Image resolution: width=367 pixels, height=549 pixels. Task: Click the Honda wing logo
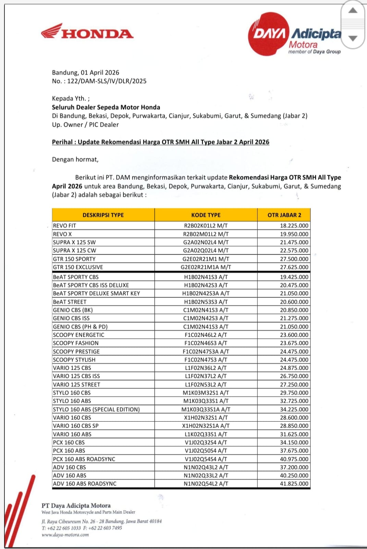(x=52, y=31)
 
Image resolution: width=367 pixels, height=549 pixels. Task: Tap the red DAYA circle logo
(x=269, y=34)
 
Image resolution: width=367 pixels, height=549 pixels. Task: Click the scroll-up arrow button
(x=353, y=10)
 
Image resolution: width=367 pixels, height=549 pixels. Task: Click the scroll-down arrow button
(x=353, y=38)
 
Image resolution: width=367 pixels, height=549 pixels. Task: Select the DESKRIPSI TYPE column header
(x=103, y=215)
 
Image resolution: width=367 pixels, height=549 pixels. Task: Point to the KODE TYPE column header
(x=206, y=215)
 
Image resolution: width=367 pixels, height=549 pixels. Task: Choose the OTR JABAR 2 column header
(x=284, y=215)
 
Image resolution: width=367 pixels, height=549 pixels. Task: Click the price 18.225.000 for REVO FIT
(x=294, y=226)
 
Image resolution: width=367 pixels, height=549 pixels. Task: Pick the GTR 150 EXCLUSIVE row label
(x=78, y=267)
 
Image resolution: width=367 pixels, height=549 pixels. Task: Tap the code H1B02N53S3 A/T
(x=206, y=302)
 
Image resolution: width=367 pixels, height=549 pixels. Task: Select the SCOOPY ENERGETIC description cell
(x=78, y=335)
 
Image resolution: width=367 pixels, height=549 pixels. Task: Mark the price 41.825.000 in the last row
(x=294, y=484)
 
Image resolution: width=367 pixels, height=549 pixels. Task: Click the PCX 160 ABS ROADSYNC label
(x=84, y=459)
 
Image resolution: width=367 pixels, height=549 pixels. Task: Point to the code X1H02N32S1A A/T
(x=206, y=426)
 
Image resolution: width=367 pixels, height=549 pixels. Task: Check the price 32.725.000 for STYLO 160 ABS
(x=294, y=401)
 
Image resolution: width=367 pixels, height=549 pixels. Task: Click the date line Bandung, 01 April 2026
(x=86, y=72)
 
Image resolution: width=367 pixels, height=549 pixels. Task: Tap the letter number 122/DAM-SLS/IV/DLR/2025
(x=107, y=81)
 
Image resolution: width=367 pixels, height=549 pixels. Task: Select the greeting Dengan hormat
(x=75, y=160)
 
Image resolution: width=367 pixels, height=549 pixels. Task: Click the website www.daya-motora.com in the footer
(x=65, y=535)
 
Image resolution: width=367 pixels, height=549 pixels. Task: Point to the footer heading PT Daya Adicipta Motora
(x=76, y=505)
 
